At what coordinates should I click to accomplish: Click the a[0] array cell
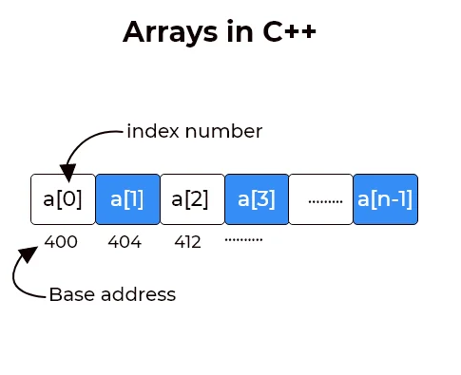(63, 199)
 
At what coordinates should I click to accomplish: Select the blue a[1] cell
(127, 199)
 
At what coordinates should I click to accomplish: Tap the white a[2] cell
(191, 199)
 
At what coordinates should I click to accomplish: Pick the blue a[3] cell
(256, 199)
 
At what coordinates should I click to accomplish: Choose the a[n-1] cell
(385, 199)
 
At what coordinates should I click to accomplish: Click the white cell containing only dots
(320, 199)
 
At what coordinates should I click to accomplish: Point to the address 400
(61, 241)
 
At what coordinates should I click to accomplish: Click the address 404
(125, 241)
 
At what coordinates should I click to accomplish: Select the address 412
(187, 241)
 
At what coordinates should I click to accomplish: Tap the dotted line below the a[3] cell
(243, 238)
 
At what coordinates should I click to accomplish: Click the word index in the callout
(150, 130)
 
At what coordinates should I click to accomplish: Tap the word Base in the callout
(67, 294)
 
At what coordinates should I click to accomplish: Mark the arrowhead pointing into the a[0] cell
(67, 175)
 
